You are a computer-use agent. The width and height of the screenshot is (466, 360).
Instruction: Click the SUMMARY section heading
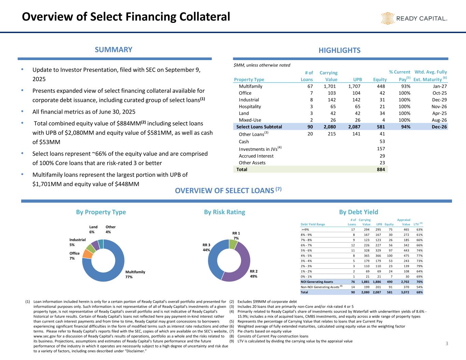pyautogui.click(x=113, y=50)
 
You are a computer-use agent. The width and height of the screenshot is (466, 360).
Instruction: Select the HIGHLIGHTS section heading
pyautogui.click(x=339, y=51)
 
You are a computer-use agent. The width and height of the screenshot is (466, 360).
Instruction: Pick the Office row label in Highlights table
pyautogui.click(x=245, y=93)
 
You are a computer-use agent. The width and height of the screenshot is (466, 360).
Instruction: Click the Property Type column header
pyautogui.click(x=249, y=80)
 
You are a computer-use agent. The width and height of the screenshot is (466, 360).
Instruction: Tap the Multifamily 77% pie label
pyautogui.click(x=135, y=274)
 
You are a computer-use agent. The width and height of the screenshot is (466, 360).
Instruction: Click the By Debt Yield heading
pyautogui.click(x=358, y=212)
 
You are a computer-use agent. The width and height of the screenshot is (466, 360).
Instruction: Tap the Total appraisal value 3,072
pyautogui.click(x=405, y=292)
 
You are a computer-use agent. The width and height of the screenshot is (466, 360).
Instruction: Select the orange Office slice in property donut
pyautogui.click(x=88, y=254)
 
